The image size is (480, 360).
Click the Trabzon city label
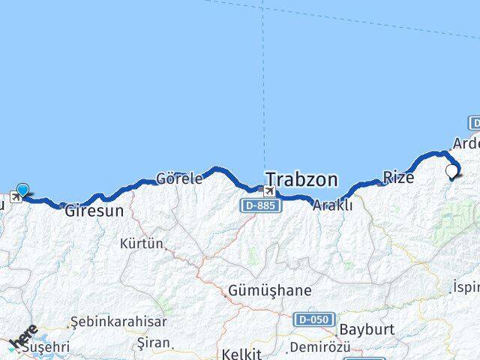click(301, 180)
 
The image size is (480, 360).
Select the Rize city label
click(398, 177)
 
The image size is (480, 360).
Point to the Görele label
click(178, 179)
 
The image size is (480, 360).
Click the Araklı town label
click(332, 205)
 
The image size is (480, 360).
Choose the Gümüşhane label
click(260, 290)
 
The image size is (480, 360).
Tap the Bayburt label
click(367, 329)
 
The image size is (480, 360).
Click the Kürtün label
click(141, 243)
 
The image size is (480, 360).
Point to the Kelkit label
click(241, 353)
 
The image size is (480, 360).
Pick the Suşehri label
click(46, 347)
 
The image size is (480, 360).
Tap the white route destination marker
click(451, 172)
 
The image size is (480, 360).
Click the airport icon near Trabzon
click(268, 190)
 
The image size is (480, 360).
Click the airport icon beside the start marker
click(14, 198)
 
